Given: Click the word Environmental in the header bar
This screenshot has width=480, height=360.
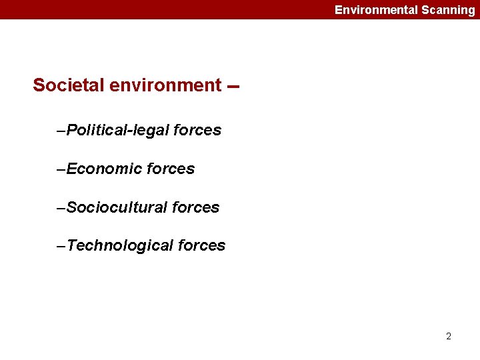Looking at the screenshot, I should [376, 10].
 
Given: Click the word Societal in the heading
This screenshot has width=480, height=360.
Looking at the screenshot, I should [65, 85].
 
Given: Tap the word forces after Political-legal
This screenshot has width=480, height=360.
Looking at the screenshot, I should [197, 130].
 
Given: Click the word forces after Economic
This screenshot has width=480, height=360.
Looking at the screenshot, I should [171, 169].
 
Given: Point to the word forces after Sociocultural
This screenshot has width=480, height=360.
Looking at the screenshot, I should [195, 207].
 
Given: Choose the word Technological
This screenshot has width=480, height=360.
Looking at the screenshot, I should [120, 246].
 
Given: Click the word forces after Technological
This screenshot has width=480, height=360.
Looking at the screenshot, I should [202, 246].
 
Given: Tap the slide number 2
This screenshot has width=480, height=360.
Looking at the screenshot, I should [449, 336].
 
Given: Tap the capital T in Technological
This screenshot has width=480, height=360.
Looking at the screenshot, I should [71, 246].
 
